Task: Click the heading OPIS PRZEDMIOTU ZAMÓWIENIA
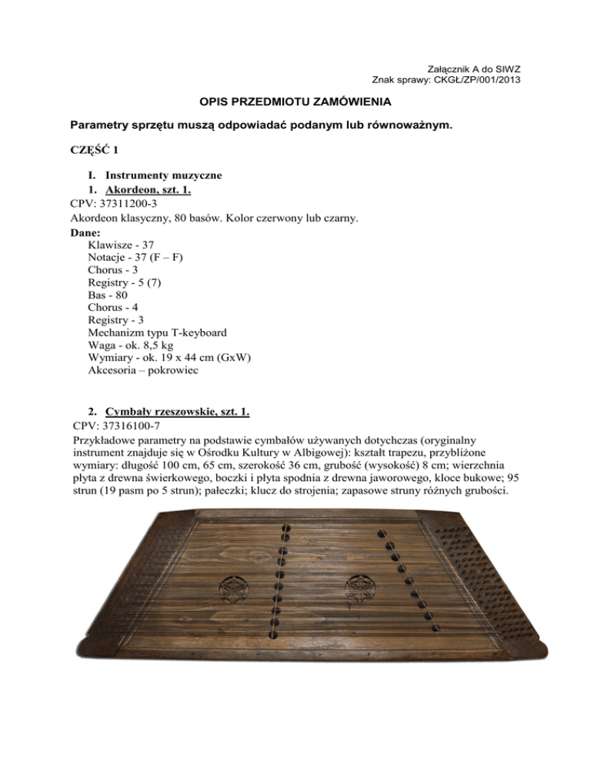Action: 295,102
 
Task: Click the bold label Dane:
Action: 85,232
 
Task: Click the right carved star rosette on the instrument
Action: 359,590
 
